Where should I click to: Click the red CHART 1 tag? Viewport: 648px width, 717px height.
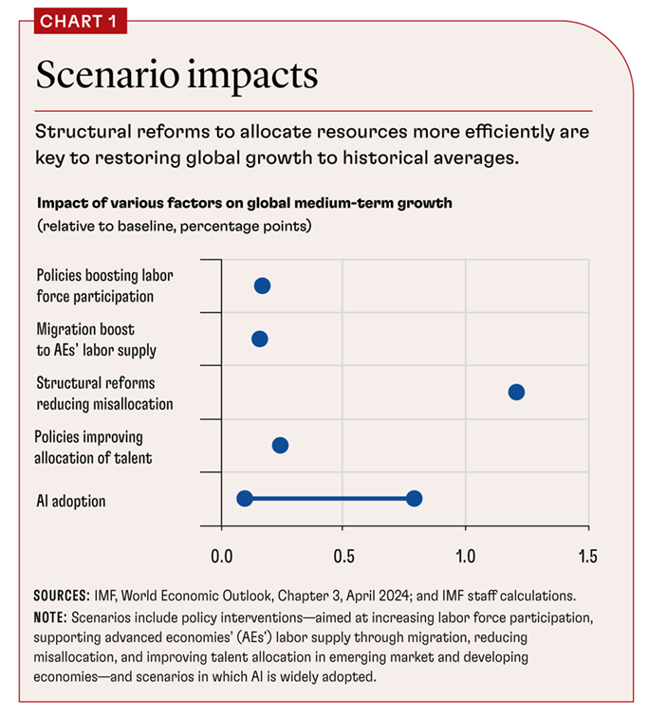(72, 20)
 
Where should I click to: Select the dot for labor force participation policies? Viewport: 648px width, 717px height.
(262, 285)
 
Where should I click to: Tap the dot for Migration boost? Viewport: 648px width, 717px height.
(259, 339)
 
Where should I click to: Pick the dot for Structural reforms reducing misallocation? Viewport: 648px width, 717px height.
(516, 392)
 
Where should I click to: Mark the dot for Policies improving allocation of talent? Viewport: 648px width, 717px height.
(280, 445)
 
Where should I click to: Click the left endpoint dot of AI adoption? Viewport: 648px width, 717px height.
(245, 498)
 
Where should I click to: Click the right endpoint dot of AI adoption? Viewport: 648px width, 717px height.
(414, 498)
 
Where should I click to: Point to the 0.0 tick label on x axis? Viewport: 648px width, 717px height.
(220, 554)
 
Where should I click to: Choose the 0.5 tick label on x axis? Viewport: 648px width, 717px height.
(343, 554)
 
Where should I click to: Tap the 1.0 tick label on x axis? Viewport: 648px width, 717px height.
(466, 554)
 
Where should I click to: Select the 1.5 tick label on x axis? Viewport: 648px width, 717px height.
(587, 554)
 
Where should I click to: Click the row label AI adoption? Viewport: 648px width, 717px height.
(71, 499)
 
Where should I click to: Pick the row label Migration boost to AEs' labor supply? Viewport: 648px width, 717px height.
(96, 340)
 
